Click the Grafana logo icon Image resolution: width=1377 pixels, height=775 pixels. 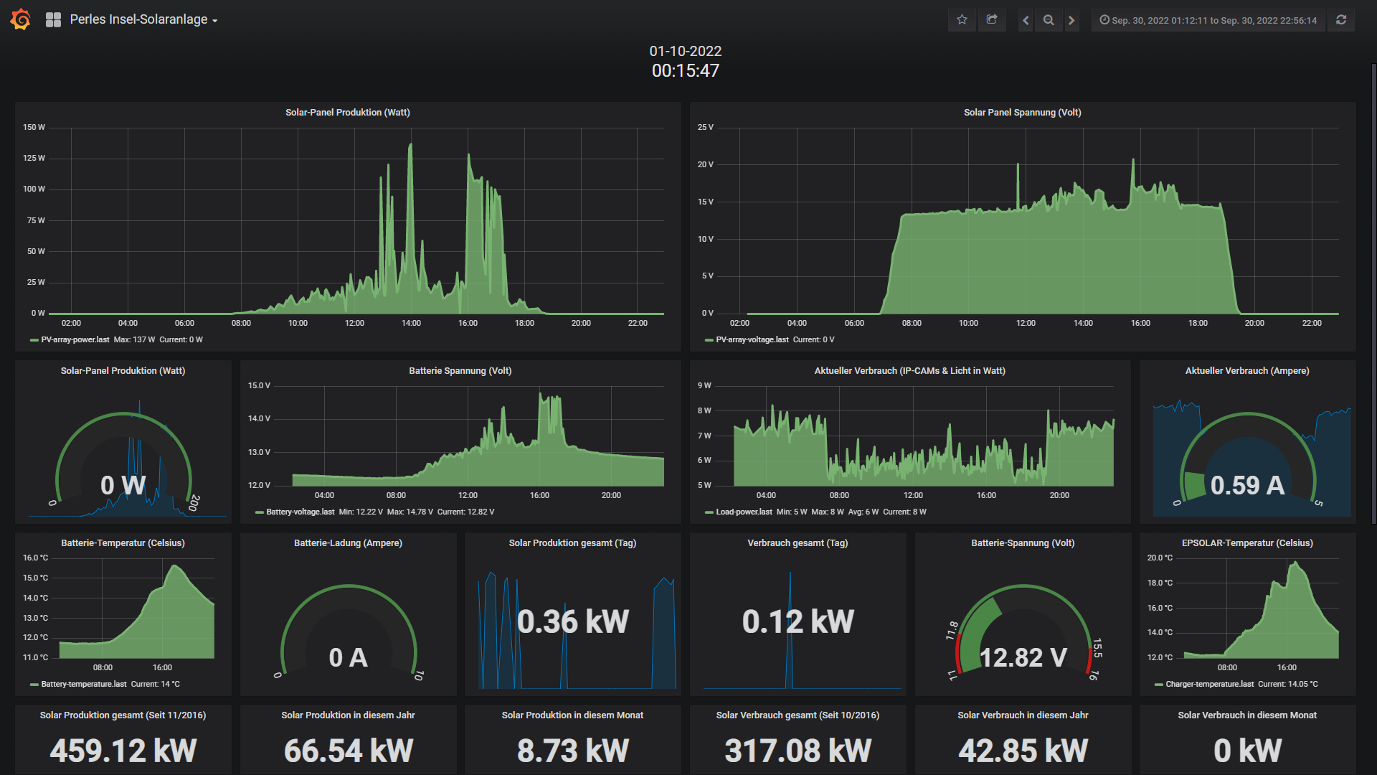[x=21, y=19]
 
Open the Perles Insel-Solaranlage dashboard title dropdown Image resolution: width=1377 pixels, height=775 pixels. [x=143, y=19]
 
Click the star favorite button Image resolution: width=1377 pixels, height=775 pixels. [x=962, y=20]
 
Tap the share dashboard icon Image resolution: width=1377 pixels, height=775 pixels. [x=992, y=20]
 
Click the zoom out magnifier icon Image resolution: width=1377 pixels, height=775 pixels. [x=1049, y=20]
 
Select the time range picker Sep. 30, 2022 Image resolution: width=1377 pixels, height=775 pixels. [x=1208, y=20]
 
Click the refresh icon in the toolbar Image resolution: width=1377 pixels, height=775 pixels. [x=1341, y=20]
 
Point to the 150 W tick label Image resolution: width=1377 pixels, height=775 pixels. [x=34, y=127]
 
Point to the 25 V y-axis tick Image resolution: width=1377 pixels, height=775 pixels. [x=706, y=127]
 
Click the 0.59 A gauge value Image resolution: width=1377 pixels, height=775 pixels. [x=1247, y=485]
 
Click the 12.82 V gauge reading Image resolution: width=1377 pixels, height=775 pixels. [x=1023, y=657]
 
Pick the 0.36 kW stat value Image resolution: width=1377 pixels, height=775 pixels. [x=573, y=621]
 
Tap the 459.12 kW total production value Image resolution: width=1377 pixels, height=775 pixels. [x=123, y=751]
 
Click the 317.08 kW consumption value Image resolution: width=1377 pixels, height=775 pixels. [x=798, y=751]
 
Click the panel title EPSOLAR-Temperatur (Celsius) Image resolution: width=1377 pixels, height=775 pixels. [x=1247, y=543]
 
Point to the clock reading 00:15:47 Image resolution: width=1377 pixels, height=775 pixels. [x=686, y=70]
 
